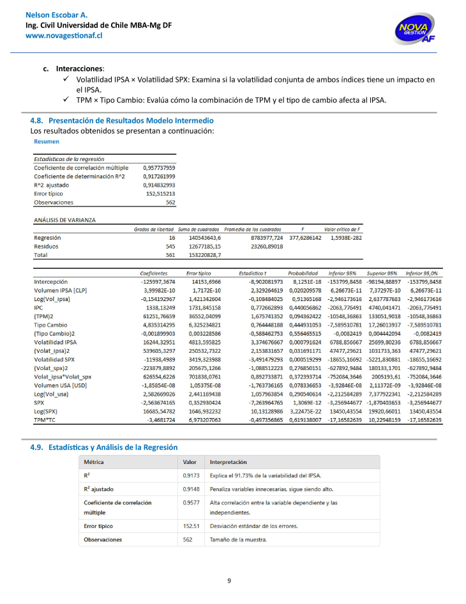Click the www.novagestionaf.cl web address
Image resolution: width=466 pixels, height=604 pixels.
tap(64, 36)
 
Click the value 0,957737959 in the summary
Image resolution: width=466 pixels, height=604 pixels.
tap(159, 167)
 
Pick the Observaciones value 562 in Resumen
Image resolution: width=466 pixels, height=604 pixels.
tap(170, 202)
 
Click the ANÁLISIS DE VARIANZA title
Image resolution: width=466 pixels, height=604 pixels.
tap(64, 219)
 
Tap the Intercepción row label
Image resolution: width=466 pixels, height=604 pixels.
tap(50, 281)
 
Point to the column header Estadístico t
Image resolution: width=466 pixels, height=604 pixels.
tap(253, 273)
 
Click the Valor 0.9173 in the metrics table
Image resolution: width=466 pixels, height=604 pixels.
tap(190, 476)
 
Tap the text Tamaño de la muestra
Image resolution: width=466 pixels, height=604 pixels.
tap(238, 539)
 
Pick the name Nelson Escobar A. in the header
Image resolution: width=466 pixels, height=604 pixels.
tap(56, 14)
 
